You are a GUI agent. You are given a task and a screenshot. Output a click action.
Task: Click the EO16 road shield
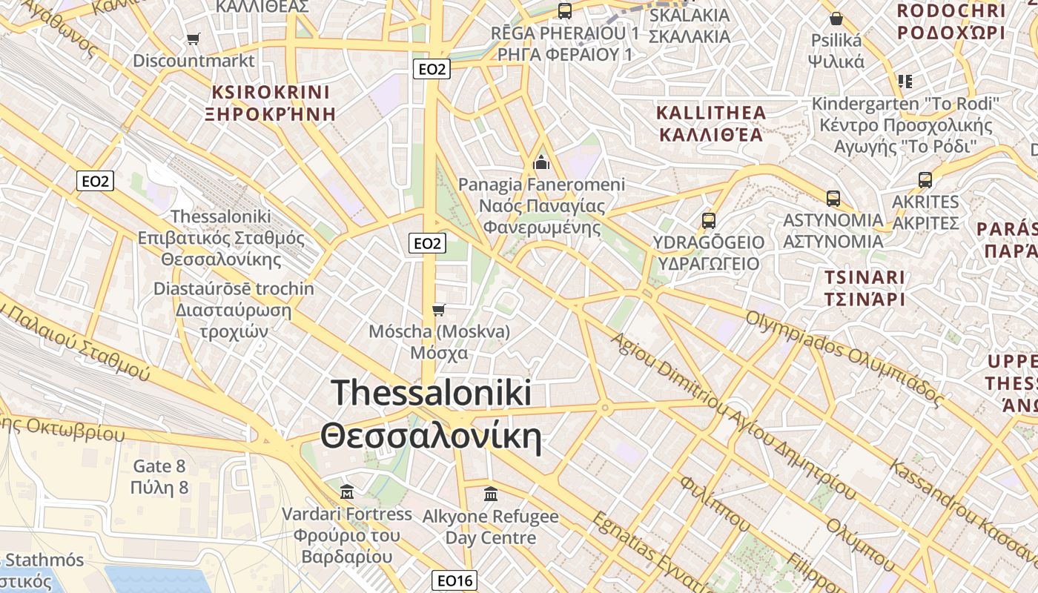coord(454,580)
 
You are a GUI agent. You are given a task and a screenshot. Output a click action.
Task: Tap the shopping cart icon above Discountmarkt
coord(194,39)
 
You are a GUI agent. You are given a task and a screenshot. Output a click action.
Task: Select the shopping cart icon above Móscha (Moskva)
coord(439,309)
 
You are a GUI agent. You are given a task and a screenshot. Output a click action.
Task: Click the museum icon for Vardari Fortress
coord(346,491)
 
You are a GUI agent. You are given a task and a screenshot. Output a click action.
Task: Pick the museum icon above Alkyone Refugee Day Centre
coord(490,494)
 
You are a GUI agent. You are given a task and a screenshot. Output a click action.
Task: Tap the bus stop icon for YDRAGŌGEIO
coord(708,220)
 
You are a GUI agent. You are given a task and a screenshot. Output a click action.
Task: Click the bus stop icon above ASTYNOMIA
coord(833,198)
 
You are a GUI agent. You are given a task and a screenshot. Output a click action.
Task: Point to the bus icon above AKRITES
coord(925,179)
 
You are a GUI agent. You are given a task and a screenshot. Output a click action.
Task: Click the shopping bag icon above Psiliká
coord(836,19)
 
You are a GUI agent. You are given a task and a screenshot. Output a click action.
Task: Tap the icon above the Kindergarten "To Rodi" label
coord(905,81)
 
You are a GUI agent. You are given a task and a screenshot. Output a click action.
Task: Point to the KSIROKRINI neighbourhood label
coord(271,93)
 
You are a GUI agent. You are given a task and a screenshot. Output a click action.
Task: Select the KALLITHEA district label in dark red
coord(711,113)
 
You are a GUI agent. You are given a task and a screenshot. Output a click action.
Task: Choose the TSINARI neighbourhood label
coord(865,278)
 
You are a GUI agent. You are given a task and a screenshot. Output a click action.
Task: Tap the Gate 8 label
coord(159,466)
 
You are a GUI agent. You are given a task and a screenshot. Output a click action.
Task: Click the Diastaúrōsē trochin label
coord(234,289)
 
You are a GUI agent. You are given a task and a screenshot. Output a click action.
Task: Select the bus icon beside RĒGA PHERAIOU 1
coord(565,11)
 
